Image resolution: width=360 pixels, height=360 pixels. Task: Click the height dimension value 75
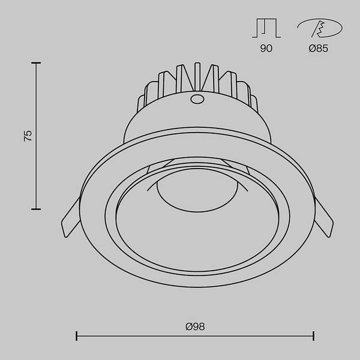point(28,135)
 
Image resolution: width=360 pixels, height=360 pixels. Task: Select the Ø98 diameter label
point(195,326)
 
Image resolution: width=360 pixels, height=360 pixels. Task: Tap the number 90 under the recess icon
point(266,49)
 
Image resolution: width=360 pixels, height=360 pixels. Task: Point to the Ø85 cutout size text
point(318,49)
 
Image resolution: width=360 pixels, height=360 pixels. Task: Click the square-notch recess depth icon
point(266,28)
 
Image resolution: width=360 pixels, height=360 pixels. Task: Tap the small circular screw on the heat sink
point(196,99)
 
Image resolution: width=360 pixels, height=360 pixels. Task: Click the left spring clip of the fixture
point(70,218)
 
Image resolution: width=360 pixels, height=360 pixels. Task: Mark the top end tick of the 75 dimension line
point(36,62)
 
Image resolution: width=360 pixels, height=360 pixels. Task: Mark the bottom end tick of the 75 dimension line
point(36,209)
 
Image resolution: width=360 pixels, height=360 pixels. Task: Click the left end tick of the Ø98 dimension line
point(77,336)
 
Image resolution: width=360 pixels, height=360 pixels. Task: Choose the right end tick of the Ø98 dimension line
point(314,336)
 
